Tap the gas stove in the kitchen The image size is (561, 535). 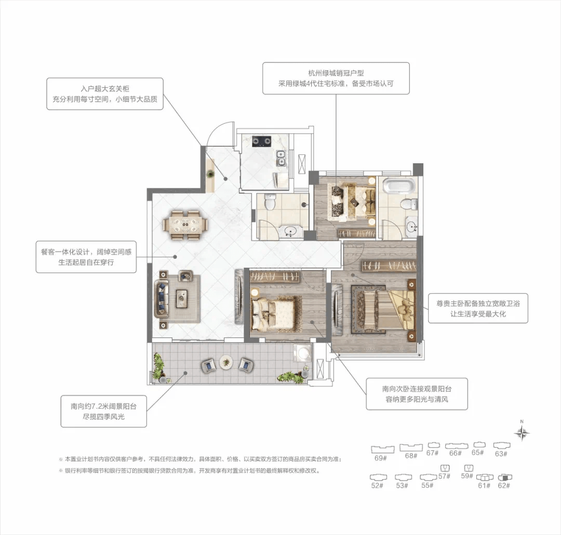(x=262, y=141)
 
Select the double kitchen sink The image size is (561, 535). (x=281, y=158)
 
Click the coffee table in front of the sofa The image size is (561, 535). (x=182, y=298)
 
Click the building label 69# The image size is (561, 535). (x=381, y=458)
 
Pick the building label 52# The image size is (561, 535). (x=378, y=486)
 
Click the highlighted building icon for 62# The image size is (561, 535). (x=504, y=477)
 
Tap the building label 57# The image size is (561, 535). (x=444, y=476)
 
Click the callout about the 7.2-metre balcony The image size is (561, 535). (x=104, y=411)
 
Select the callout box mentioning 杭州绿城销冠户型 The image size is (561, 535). (x=336, y=79)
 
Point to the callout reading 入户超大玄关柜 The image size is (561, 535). (x=105, y=94)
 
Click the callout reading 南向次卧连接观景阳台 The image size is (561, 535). (x=417, y=394)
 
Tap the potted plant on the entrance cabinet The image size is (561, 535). (x=210, y=174)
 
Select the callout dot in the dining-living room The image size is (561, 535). (x=176, y=257)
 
